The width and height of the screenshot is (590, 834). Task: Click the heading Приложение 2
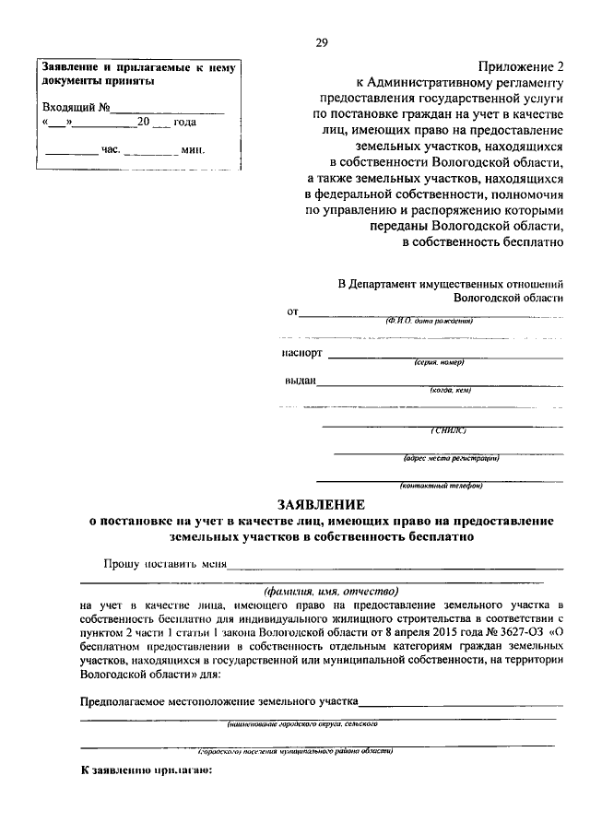click(520, 65)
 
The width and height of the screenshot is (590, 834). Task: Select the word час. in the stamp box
click(111, 149)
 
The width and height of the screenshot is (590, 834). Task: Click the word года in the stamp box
click(184, 122)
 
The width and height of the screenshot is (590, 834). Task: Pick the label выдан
click(301, 382)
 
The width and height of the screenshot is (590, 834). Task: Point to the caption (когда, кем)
click(450, 392)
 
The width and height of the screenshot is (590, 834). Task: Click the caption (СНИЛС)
click(449, 430)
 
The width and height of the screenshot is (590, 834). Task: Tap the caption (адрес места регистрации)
click(451, 458)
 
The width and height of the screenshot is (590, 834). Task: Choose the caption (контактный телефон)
click(441, 486)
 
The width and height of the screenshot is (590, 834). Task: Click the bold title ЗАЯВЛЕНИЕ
click(322, 504)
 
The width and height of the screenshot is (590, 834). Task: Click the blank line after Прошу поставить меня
click(396, 565)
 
